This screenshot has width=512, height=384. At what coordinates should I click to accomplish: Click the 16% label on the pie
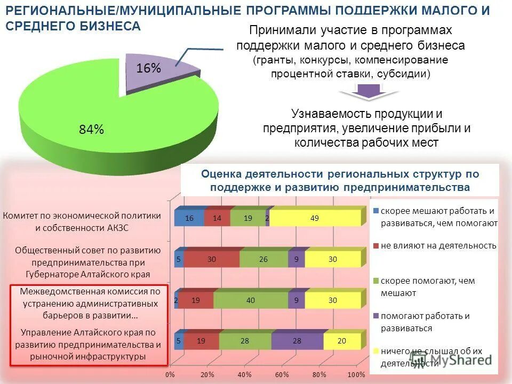(148, 68)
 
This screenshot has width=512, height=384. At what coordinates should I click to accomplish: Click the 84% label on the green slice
(91, 130)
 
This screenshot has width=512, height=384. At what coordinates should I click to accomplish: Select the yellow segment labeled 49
(314, 218)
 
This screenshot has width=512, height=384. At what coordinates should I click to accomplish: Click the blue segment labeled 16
(189, 218)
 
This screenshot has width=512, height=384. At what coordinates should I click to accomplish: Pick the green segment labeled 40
(251, 300)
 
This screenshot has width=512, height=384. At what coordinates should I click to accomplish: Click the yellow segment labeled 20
(341, 341)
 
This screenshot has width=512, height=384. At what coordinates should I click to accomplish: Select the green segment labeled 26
(263, 259)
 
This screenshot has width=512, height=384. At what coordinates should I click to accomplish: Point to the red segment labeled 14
(217, 218)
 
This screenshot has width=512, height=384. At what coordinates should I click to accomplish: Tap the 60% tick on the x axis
(282, 374)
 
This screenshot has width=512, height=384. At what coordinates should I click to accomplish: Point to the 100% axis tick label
(356, 374)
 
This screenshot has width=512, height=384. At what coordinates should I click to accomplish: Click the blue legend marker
(376, 210)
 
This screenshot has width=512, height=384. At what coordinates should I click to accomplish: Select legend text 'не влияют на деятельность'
(438, 246)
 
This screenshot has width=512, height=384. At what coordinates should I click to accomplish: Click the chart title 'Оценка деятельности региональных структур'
(340, 174)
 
